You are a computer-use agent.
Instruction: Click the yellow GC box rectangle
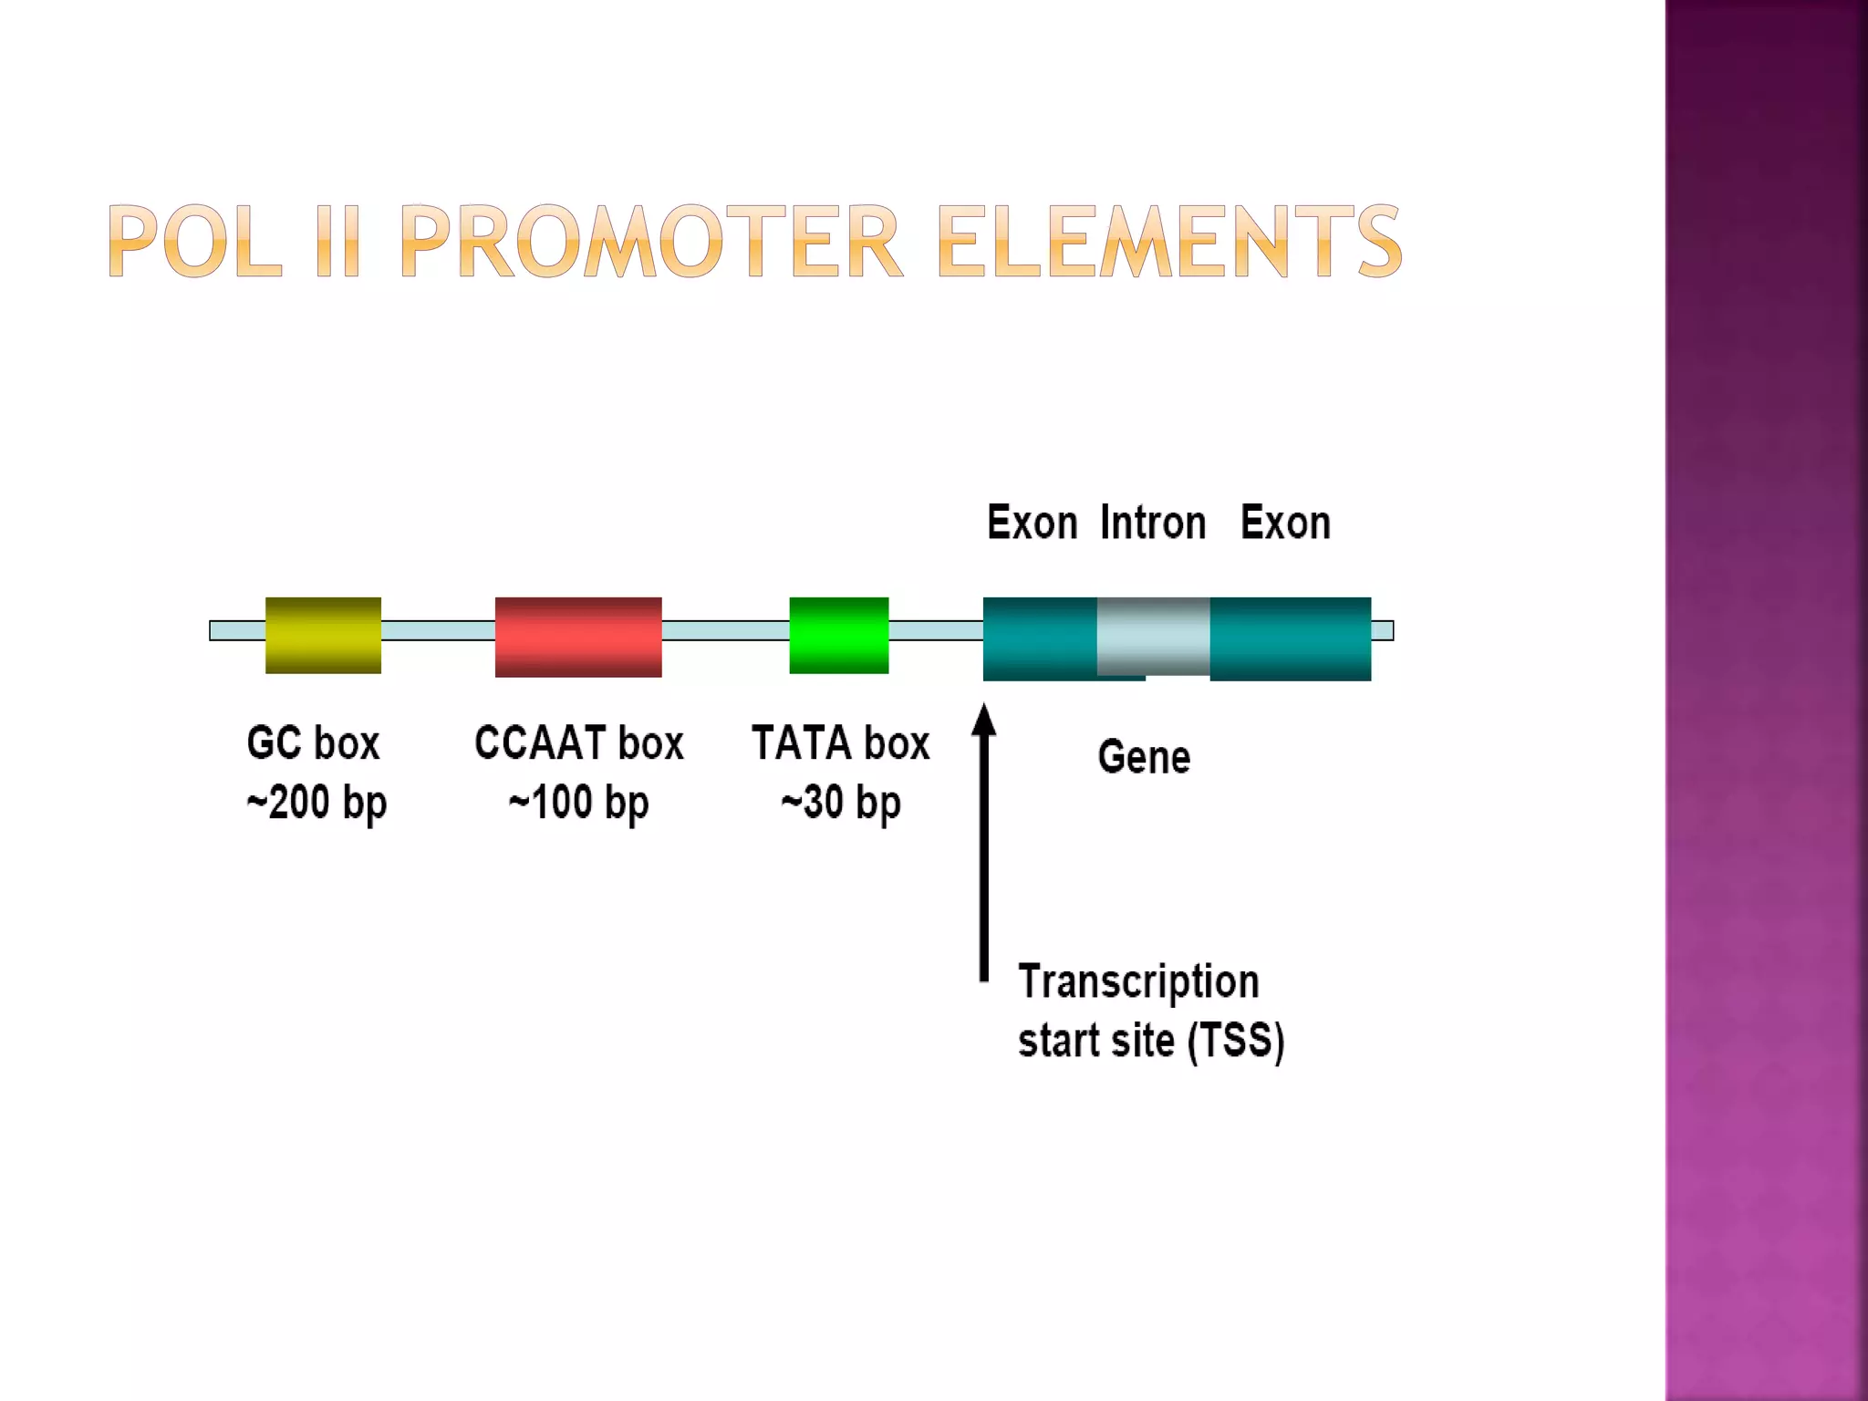[323, 635]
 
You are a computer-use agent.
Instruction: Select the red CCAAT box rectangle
[578, 637]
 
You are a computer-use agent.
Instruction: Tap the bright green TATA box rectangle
[838, 635]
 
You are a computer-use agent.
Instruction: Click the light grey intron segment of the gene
[1154, 635]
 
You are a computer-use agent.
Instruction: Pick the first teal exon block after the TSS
[1040, 638]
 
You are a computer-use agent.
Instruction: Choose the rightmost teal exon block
[1290, 638]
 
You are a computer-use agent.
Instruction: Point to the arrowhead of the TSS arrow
[983, 721]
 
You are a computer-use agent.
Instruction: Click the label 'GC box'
[313, 742]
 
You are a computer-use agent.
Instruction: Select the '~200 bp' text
[317, 803]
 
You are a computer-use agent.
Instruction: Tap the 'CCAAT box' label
[578, 742]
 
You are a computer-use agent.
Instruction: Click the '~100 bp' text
[578, 803]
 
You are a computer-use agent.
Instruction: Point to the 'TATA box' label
[840, 742]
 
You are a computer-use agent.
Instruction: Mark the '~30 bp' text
[840, 803]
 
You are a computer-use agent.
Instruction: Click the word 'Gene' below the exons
[1144, 757]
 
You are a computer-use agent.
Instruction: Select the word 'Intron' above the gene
[1153, 523]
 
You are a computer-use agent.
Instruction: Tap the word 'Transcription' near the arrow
[1138, 981]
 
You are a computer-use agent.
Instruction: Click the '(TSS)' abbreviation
[1236, 1041]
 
